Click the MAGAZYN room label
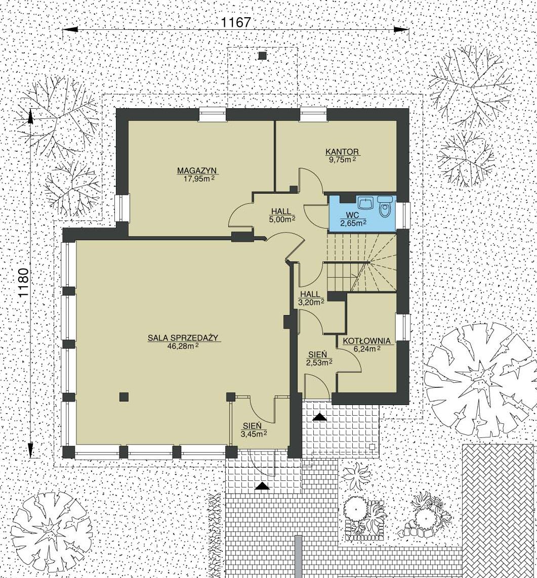[x=197, y=171]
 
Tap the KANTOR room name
[x=342, y=152]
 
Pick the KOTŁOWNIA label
[x=366, y=341]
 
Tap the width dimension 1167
[x=236, y=22]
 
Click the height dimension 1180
[x=23, y=283]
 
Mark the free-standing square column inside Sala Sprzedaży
[x=124, y=396]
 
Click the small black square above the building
[x=262, y=56]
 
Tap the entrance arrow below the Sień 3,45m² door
[x=262, y=486]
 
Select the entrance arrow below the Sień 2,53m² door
[x=319, y=417]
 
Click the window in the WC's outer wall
[x=403, y=215]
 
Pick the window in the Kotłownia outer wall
[x=403, y=327]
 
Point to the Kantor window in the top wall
[x=313, y=114]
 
